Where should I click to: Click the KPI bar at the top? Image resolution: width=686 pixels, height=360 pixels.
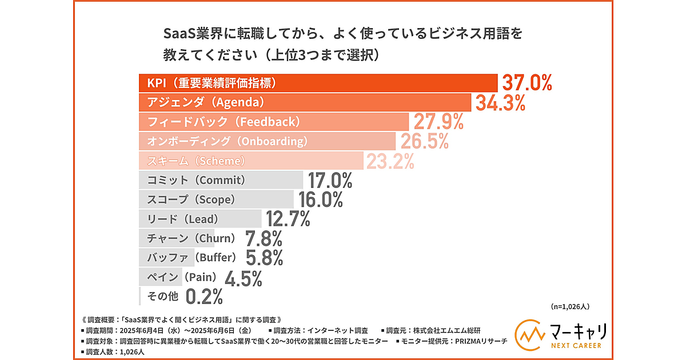click(x=318, y=83)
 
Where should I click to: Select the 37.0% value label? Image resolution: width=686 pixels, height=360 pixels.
click(x=527, y=83)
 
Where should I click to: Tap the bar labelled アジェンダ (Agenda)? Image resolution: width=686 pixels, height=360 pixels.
click(x=305, y=103)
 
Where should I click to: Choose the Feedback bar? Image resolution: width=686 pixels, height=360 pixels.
click(x=274, y=122)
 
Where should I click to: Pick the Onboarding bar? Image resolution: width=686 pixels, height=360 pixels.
click(x=267, y=141)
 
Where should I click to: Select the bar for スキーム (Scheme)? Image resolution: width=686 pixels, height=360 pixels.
click(x=251, y=161)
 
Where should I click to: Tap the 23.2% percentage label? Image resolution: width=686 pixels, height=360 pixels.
click(x=390, y=162)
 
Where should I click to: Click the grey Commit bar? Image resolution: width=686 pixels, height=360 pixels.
click(x=221, y=180)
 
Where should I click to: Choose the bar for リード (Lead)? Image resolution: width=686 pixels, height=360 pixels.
click(x=200, y=218)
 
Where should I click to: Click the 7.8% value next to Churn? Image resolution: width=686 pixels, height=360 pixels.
click(x=264, y=238)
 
